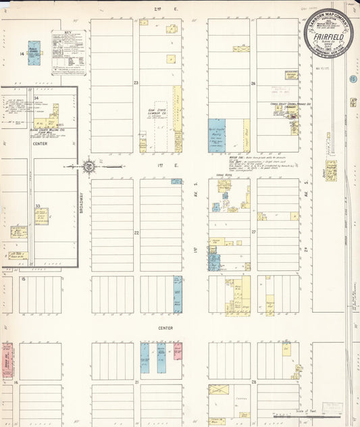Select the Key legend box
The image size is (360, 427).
pos(68,52)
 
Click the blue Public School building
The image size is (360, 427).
pos(34,53)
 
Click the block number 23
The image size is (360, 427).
pos(136,83)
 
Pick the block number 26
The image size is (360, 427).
pos(253,84)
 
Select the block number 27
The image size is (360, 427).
pos(253,232)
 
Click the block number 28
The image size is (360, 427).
pos(253,382)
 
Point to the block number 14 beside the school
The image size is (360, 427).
pos(22,53)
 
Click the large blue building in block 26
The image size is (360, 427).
pos(217,135)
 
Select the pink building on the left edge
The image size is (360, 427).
pos(7,359)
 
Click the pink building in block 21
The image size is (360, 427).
pos(178,350)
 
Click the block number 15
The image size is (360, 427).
pos(23,278)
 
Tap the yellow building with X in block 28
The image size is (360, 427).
pos(219,390)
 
